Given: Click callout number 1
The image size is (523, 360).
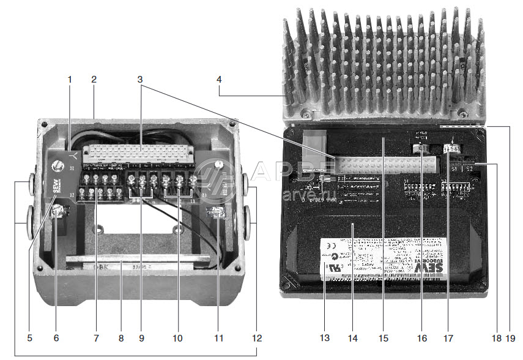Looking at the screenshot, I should pos(70,79).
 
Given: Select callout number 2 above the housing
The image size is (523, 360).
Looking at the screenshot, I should pos(94,79).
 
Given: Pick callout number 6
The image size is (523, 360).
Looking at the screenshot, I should pos(56,337).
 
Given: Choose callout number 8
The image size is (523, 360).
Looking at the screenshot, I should pos(121,337).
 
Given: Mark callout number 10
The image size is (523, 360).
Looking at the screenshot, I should pos(178,337).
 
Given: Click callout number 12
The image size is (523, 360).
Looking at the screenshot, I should pos(257,337).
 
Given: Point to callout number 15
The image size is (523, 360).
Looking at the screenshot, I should pos(384,337).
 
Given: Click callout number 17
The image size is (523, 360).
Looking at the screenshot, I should pos(448,337).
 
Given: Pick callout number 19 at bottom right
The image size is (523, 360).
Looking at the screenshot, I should pos(511,337).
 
